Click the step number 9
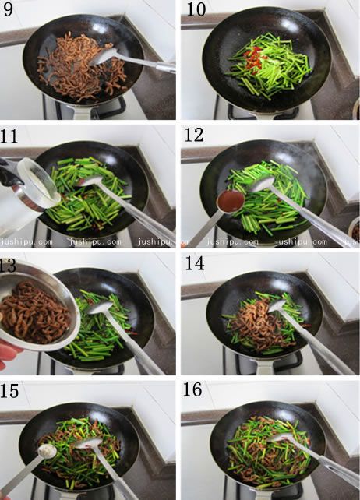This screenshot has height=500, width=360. click(8, 9)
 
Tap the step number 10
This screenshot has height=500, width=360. click(196, 9)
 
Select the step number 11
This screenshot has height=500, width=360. click(9, 136)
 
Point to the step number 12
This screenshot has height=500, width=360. click(194, 135)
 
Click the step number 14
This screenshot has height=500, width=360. click(194, 263)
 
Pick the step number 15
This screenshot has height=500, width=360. click(9, 391)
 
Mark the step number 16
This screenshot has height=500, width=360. click(192, 389)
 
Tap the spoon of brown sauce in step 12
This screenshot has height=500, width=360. click(231, 201)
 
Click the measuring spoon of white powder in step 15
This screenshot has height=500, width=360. click(47, 451)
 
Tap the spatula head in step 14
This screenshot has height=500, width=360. click(277, 306)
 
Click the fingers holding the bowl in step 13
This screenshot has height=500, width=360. click(8, 354)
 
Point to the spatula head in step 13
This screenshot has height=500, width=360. click(101, 308)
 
